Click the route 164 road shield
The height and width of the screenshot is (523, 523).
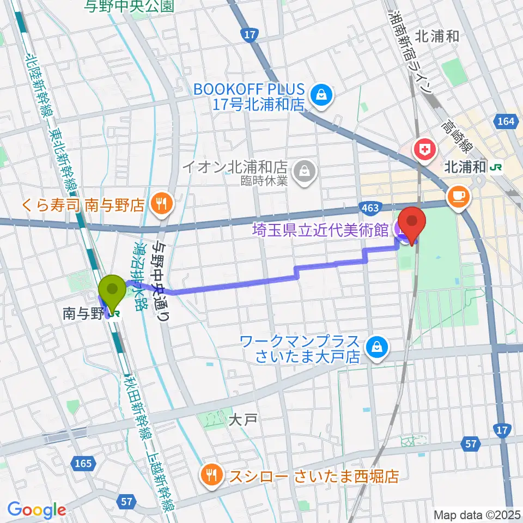505,121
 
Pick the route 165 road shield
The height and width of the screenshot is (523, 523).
82,464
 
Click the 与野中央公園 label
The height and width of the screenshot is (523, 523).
129,7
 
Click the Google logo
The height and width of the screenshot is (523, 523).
37,510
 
